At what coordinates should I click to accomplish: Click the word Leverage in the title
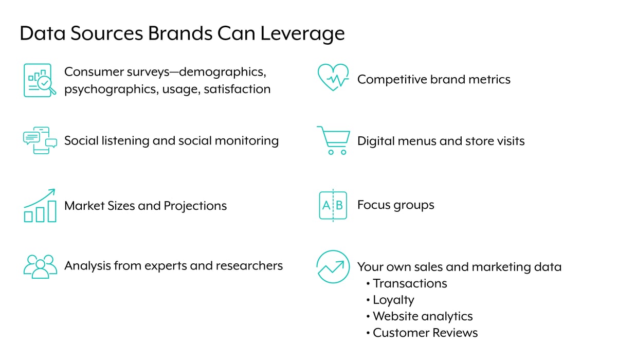[302, 34]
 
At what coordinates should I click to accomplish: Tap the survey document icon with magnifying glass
[40, 80]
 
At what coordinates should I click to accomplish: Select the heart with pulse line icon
[333, 77]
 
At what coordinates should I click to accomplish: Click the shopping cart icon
[334, 140]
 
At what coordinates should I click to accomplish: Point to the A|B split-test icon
[333, 205]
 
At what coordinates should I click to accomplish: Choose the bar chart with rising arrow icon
[40, 206]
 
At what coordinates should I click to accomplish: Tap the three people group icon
[40, 266]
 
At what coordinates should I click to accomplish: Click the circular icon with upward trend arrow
[333, 266]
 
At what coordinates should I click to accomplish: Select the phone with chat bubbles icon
[40, 140]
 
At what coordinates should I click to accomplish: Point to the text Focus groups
[395, 205]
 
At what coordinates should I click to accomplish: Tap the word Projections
[195, 206]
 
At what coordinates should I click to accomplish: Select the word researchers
[249, 265]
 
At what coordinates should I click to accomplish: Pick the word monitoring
[246, 141]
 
